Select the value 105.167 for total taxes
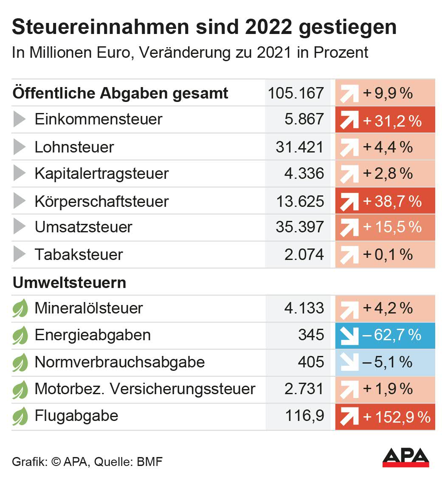296,93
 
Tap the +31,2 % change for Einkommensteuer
385,120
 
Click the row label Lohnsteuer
74,147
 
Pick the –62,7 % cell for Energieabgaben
385,335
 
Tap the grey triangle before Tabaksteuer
20,254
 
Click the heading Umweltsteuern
70,282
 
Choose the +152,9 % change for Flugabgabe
385,416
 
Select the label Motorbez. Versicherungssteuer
145,389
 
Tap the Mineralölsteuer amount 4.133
304,308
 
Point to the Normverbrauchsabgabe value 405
311,362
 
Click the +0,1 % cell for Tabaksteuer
385,254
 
